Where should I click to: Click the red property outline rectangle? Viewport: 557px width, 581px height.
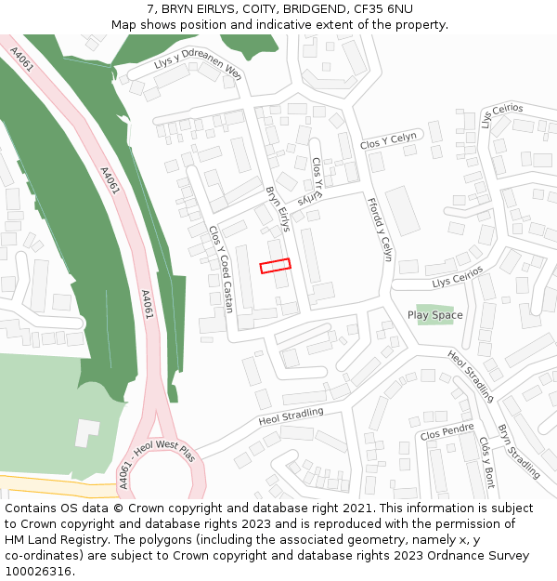[x=275, y=265]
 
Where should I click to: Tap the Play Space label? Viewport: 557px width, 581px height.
[x=434, y=315]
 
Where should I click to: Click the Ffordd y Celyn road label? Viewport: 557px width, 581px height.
[x=381, y=229]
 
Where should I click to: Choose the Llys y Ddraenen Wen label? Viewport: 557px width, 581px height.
[x=198, y=64]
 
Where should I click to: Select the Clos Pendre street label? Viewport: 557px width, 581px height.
[x=447, y=432]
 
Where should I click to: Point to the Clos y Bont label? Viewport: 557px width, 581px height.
[x=487, y=462]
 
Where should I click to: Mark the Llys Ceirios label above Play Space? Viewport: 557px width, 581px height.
[x=458, y=276]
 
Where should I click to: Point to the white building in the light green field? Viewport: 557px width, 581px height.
[x=86, y=432]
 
